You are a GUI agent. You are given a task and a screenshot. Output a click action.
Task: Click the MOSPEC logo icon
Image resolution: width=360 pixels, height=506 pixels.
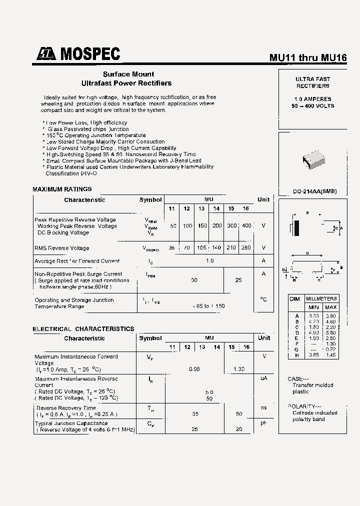coord(46,54)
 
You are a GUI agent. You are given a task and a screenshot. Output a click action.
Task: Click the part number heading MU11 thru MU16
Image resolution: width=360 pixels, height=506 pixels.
coord(308,57)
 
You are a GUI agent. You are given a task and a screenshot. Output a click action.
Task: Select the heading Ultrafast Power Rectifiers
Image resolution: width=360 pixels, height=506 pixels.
coord(126,83)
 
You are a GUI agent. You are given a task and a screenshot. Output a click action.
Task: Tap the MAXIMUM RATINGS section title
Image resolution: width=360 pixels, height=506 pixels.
coord(62,189)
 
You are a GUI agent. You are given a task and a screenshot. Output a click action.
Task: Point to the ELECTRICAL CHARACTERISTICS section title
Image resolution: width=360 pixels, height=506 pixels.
coord(83,328)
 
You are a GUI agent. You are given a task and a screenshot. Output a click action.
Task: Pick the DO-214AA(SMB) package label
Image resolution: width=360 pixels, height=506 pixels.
coord(314,191)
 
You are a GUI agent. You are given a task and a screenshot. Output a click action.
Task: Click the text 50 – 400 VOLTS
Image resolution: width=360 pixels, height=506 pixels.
coord(313,106)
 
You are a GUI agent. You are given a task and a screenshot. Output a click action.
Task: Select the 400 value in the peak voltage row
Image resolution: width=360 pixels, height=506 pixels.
coord(246,226)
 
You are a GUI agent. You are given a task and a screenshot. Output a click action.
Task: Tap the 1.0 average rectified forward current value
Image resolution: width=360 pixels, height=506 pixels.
coord(209,261)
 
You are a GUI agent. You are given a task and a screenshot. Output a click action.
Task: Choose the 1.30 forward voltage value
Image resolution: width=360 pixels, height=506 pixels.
coord(238,369)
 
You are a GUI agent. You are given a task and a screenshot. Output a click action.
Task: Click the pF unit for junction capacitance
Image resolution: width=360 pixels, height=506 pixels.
coord(263,423)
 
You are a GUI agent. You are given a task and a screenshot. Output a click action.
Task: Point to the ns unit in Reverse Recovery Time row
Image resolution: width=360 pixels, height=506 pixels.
coord(263,408)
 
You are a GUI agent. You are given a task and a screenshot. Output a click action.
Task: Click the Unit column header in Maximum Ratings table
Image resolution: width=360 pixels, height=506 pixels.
coord(263,199)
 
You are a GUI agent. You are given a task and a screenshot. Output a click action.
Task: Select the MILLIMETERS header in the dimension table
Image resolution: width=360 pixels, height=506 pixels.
coord(321,298)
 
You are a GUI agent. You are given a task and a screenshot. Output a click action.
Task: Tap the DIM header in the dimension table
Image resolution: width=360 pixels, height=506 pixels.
coord(295,299)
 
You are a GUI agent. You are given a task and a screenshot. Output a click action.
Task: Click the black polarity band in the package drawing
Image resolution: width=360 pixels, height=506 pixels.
coord(296,228)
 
